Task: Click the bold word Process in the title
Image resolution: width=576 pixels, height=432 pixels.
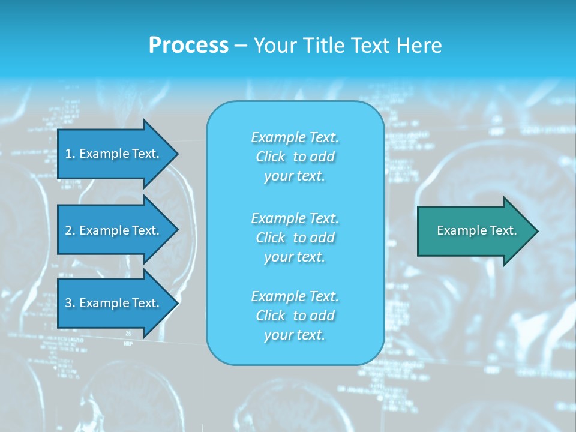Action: point(188,46)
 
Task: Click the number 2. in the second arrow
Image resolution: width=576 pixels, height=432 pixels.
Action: point(70,230)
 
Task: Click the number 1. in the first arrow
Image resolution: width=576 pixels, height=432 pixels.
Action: point(70,154)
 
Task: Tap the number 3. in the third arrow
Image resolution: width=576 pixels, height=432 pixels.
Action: point(70,303)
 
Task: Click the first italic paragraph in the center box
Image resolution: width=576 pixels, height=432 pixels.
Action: point(295,157)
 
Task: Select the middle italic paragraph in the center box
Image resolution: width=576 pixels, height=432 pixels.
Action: point(295,238)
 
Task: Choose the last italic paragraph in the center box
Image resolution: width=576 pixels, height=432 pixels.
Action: point(295,316)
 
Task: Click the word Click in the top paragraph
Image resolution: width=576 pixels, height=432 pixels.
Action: point(271,157)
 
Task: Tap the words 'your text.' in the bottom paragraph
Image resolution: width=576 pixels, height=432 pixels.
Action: point(295,335)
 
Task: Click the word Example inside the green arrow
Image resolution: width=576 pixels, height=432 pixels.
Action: point(458,230)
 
